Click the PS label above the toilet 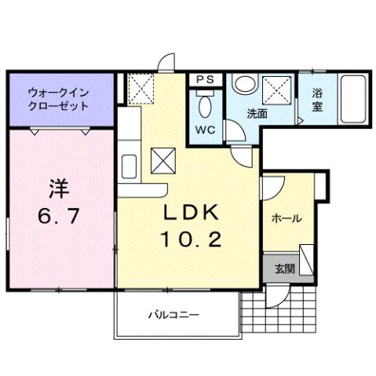tap(206, 78)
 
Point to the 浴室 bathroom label tap(318, 100)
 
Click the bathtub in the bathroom tap(356, 99)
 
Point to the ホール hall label tap(287, 219)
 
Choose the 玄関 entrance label tap(284, 268)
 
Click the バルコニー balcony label tap(174, 316)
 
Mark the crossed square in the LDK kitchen tap(164, 162)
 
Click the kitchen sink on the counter tap(129, 166)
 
